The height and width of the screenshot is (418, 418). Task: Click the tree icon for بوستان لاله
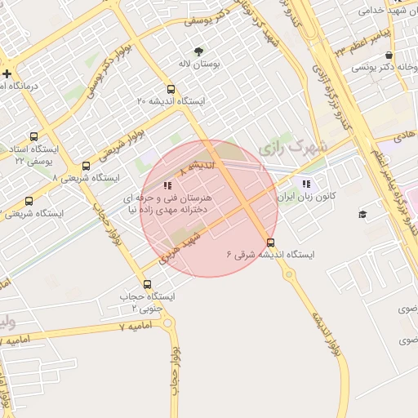click(x=198, y=52)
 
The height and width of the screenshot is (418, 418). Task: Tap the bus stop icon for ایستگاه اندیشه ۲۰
click(x=170, y=90)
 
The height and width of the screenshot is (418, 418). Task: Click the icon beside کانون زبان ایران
click(x=306, y=185)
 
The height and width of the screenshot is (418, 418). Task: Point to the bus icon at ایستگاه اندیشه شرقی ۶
click(x=271, y=242)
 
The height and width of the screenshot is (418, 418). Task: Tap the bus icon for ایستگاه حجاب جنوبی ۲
click(x=147, y=284)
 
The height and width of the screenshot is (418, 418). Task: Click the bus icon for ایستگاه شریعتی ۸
click(x=86, y=166)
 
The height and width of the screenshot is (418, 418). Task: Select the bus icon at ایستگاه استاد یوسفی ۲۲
click(x=33, y=137)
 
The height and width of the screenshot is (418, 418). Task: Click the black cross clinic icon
click(x=7, y=73)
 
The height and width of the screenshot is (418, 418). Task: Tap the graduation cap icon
click(x=362, y=215)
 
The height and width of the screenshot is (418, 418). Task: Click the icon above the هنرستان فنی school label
click(x=167, y=185)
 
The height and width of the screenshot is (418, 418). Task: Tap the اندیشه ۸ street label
click(x=199, y=166)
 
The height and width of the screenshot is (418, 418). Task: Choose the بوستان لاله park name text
click(x=198, y=64)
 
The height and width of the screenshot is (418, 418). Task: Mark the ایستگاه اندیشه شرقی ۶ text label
click(x=270, y=255)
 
